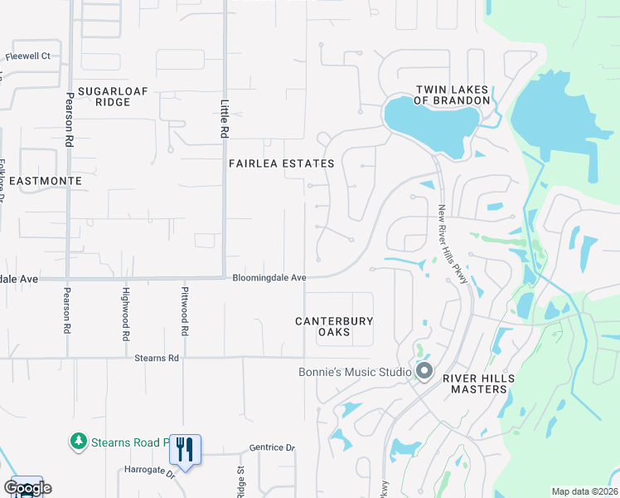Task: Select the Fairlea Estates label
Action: (281, 164)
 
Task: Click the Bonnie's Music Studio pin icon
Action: (424, 371)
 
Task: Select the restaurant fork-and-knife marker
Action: (186, 450)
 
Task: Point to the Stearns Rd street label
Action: (157, 359)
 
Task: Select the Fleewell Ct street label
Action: (28, 56)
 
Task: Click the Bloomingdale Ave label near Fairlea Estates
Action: (269, 278)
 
